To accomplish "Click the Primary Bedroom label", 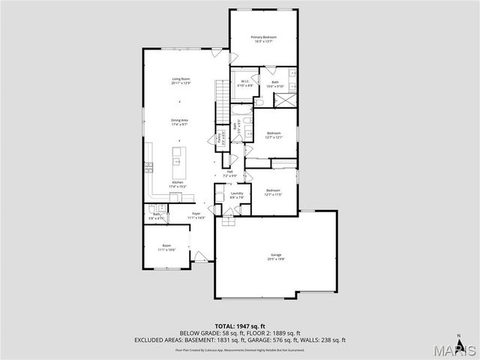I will [x=263, y=37].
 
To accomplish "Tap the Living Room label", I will [x=180, y=79].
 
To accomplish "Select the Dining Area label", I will [x=179, y=120].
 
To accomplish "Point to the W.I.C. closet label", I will [x=243, y=84].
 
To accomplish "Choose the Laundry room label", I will [x=237, y=193].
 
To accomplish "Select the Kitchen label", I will [x=178, y=183].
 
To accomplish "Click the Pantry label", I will [x=220, y=138].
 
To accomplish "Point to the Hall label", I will [x=231, y=172].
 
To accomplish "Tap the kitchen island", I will [x=178, y=156].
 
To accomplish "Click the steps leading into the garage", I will [x=229, y=220].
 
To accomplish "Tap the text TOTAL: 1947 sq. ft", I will [x=240, y=326].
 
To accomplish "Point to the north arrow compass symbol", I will [x=457, y=335].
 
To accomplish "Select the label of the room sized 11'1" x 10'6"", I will [x=166, y=247].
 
